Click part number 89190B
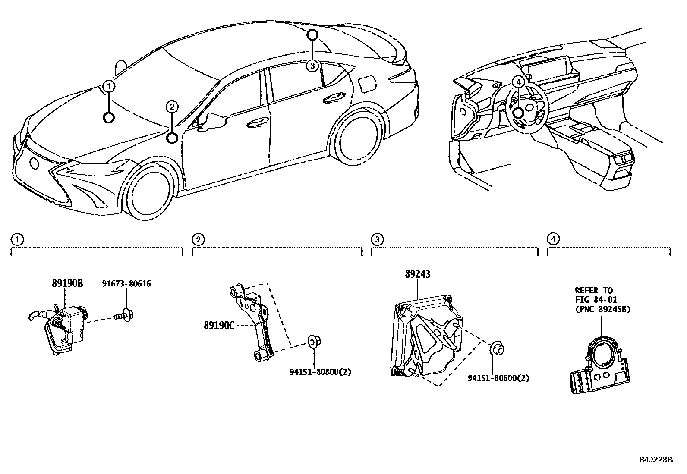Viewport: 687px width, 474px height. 67,283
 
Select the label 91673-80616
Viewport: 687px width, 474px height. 126,283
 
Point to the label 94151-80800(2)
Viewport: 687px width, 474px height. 320,371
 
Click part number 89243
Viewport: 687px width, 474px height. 417,274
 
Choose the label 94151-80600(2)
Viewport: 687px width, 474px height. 498,378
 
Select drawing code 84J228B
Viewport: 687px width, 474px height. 656,459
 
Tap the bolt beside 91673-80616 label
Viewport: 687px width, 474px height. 125,317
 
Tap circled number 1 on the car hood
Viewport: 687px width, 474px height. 109,86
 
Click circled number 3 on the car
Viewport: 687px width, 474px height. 312,66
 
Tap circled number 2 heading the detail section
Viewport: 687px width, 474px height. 198,239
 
